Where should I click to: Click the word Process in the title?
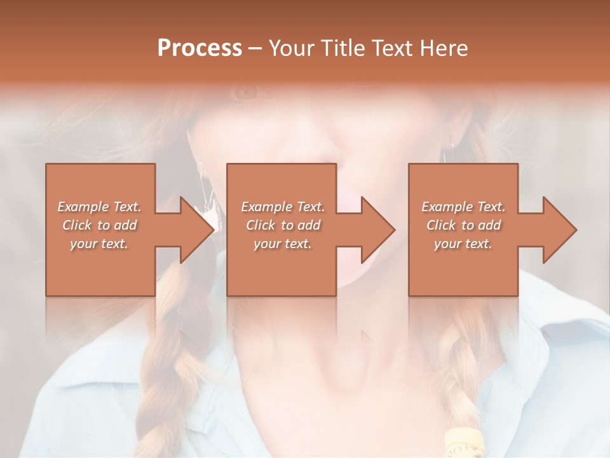200,48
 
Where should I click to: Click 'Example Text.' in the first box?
100,207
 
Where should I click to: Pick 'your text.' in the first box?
100,244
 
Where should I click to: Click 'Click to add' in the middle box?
283,225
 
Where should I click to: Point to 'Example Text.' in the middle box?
283,207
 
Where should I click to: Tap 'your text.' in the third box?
463,244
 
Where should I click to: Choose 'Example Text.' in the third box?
463,207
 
